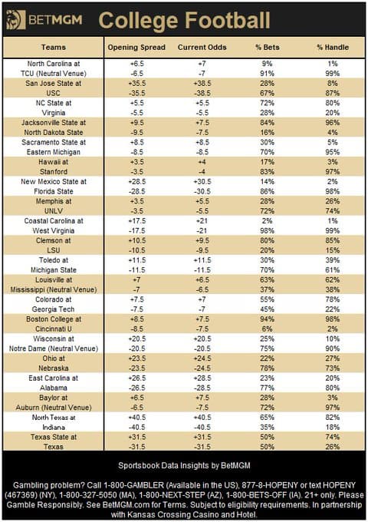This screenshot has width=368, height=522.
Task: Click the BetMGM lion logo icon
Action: pos(15,20)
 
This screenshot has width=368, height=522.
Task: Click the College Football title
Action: pos(184,21)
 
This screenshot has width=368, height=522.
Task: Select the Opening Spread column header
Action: pos(136,48)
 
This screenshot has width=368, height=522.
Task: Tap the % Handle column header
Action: pos(333,48)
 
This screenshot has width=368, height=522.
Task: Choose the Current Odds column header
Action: pos(202,48)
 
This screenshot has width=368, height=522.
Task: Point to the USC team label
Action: pos(53,93)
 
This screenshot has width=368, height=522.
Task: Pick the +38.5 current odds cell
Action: pos(202,83)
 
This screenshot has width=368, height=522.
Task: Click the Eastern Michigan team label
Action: pos(54,152)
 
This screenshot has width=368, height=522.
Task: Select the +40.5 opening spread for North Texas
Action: pos(137,418)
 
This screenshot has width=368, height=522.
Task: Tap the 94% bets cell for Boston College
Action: pos(268,319)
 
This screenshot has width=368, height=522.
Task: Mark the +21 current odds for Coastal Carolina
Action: pos(202,221)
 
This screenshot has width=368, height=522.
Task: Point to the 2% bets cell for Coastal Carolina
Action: pos(268,221)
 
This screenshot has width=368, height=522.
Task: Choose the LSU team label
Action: pos(54,250)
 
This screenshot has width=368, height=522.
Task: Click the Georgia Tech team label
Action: pos(53,309)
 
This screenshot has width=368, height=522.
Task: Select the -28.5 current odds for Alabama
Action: pos(202,388)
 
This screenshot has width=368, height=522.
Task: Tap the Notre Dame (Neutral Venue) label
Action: pos(54,349)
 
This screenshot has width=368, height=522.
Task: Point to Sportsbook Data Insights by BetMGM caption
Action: pos(184,465)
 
